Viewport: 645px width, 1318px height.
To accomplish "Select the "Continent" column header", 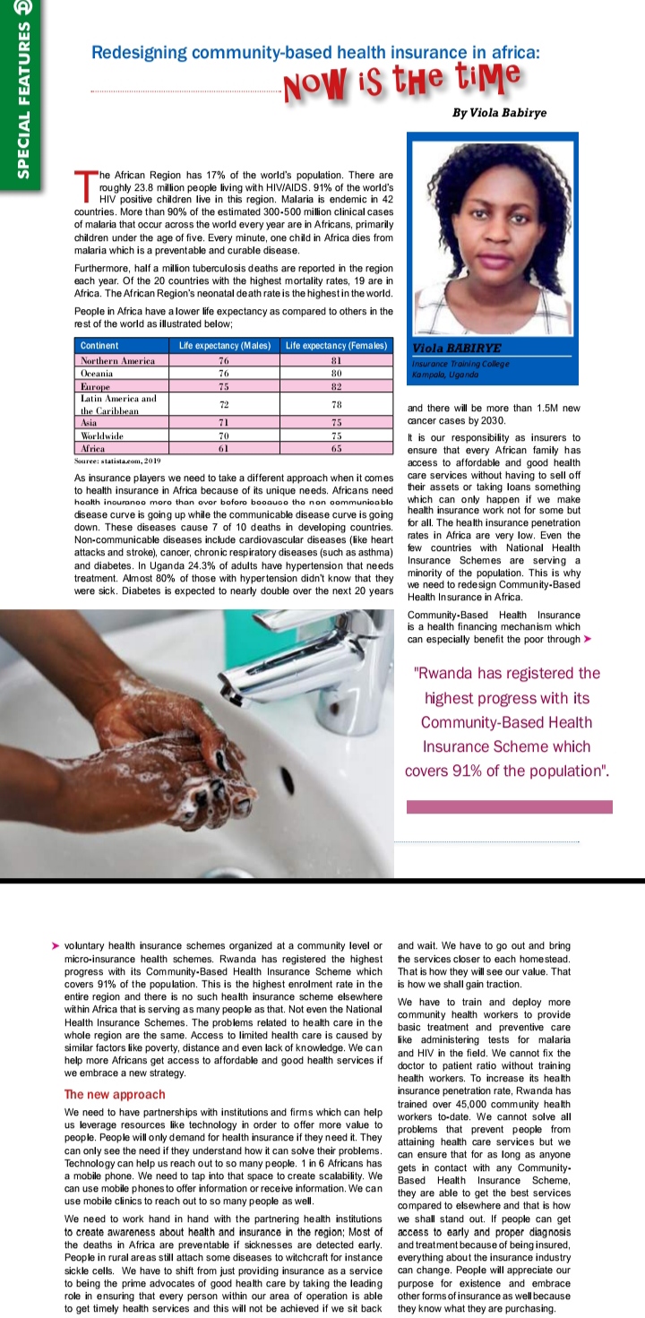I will (x=99, y=346).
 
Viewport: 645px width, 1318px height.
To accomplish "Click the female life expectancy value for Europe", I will (x=337, y=385).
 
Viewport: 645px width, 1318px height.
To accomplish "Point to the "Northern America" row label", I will (x=118, y=360).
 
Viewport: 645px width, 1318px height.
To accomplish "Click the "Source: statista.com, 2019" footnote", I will (x=116, y=460).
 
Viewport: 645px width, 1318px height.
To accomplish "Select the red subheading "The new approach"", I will (x=115, y=1094).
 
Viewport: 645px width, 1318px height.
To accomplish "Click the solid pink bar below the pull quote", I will (x=509, y=806).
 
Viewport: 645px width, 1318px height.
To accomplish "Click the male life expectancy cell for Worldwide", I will (x=224, y=435).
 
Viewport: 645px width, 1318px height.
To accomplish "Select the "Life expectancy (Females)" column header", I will (x=337, y=346).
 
